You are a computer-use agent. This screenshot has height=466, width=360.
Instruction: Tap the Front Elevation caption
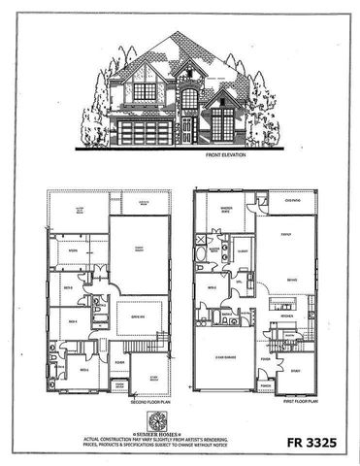point(227,155)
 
